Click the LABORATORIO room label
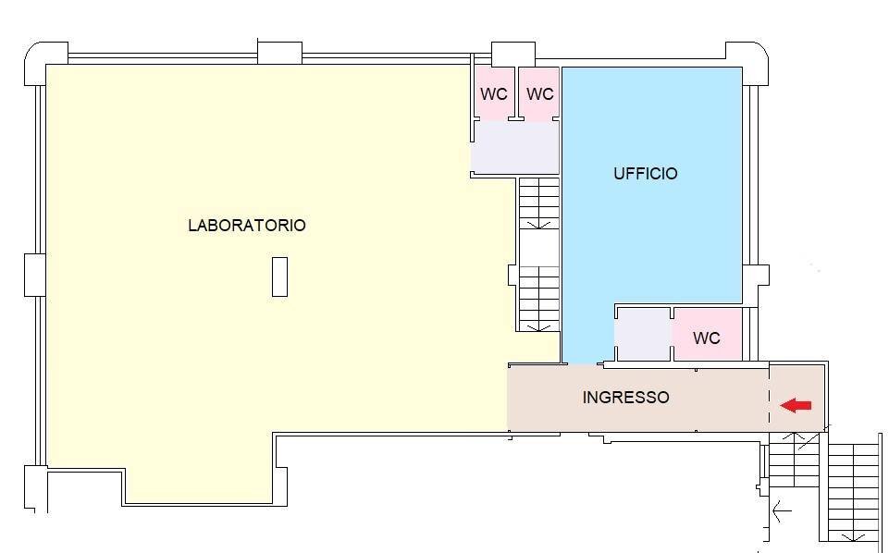pyautogui.click(x=246, y=225)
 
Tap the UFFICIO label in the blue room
pyautogui.click(x=645, y=174)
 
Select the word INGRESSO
pyautogui.click(x=625, y=398)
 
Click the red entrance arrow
pyautogui.click(x=796, y=405)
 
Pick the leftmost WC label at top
pyautogui.click(x=493, y=94)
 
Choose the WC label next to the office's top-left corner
pyautogui.click(x=539, y=94)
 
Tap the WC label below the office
pyautogui.click(x=706, y=338)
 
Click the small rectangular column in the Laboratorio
pyautogui.click(x=279, y=277)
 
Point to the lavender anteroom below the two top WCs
pyautogui.click(x=515, y=148)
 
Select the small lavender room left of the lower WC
pyautogui.click(x=643, y=335)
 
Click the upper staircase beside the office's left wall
pyautogui.click(x=538, y=203)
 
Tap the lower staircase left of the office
pyautogui.click(x=537, y=298)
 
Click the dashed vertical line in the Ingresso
pyautogui.click(x=770, y=398)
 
